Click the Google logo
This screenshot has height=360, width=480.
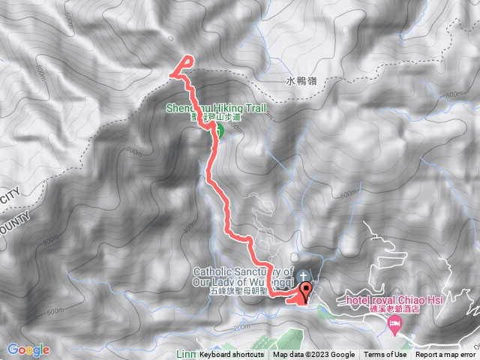pos(28,349)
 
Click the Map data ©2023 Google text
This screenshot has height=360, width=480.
pos(313,355)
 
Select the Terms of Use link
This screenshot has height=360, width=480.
pos(385,355)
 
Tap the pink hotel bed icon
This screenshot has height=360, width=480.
pos(395,323)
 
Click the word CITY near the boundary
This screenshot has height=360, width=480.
pos(9,197)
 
